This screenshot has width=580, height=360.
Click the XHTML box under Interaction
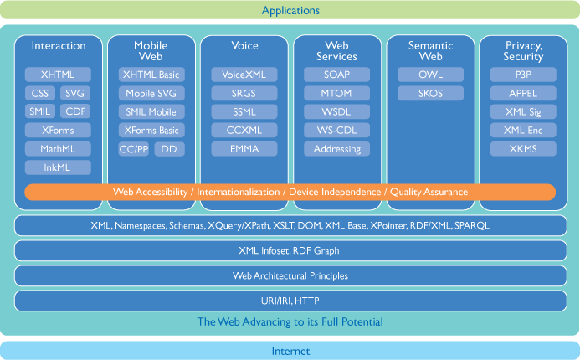[x=58, y=75]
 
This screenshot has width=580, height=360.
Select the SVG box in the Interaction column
[x=75, y=93]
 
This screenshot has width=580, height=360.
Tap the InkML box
[x=58, y=167]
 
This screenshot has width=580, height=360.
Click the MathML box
[x=58, y=149]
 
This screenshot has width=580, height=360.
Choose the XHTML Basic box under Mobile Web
[x=151, y=75]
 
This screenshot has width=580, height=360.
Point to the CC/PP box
[x=134, y=149]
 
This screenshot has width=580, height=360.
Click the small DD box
[x=169, y=149]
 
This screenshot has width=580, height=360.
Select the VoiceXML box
[x=244, y=75]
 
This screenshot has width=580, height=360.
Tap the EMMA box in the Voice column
[x=244, y=149]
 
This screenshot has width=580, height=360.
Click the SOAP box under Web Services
[x=336, y=75]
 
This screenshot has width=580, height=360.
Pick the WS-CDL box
[x=336, y=131]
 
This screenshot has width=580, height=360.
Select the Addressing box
[x=336, y=149]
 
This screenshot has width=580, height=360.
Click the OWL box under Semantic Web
[x=430, y=75]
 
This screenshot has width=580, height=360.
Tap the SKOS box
[x=430, y=93]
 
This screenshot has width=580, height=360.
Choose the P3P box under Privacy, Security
[x=523, y=75]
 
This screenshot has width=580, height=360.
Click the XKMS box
[x=523, y=149]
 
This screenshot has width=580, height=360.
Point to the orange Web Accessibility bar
[x=290, y=192]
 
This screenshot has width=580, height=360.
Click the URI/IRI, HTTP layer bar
[x=290, y=301]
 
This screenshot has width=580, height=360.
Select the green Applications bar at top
[x=290, y=11]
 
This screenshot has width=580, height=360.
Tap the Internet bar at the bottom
[x=290, y=351]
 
